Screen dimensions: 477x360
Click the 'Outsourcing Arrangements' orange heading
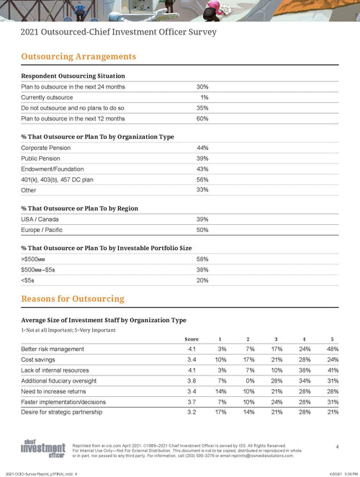click(x=78, y=56)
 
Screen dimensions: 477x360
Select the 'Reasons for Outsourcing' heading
click(x=73, y=298)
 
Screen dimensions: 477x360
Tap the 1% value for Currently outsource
click(x=204, y=97)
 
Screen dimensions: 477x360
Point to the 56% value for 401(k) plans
click(x=202, y=179)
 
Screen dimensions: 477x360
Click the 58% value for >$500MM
click(x=202, y=258)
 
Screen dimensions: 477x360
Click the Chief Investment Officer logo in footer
click(x=41, y=447)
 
